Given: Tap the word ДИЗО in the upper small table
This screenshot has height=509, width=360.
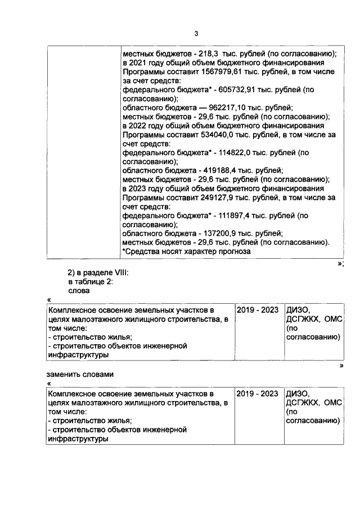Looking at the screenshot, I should coord(299,310).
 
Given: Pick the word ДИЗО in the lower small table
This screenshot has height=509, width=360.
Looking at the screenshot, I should coord(299,393).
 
